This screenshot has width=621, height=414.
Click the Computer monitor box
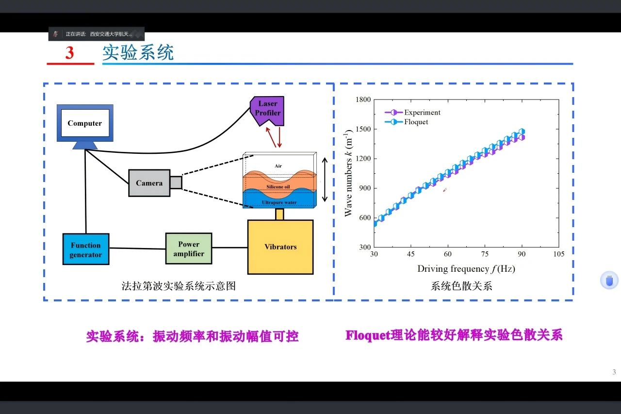point(85,123)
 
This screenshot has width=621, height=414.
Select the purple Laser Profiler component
point(267,109)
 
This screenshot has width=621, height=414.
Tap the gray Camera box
point(149,183)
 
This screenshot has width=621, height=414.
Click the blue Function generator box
point(86,249)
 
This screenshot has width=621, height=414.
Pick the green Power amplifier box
point(189,248)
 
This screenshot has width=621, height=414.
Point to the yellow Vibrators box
point(280,247)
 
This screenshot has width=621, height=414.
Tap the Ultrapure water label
point(279,202)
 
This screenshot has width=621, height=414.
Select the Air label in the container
point(278,166)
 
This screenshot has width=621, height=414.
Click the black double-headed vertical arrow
point(325,180)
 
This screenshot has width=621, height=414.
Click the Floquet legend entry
point(416,122)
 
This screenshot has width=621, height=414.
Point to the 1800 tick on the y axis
point(363,99)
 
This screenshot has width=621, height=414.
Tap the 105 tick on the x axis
point(559,254)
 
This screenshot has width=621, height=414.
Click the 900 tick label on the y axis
point(364,188)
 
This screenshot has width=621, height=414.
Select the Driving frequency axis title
point(466,269)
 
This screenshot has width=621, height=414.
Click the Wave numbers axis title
point(348,173)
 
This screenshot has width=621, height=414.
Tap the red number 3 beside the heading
point(70,53)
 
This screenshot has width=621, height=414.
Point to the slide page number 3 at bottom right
point(614,372)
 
